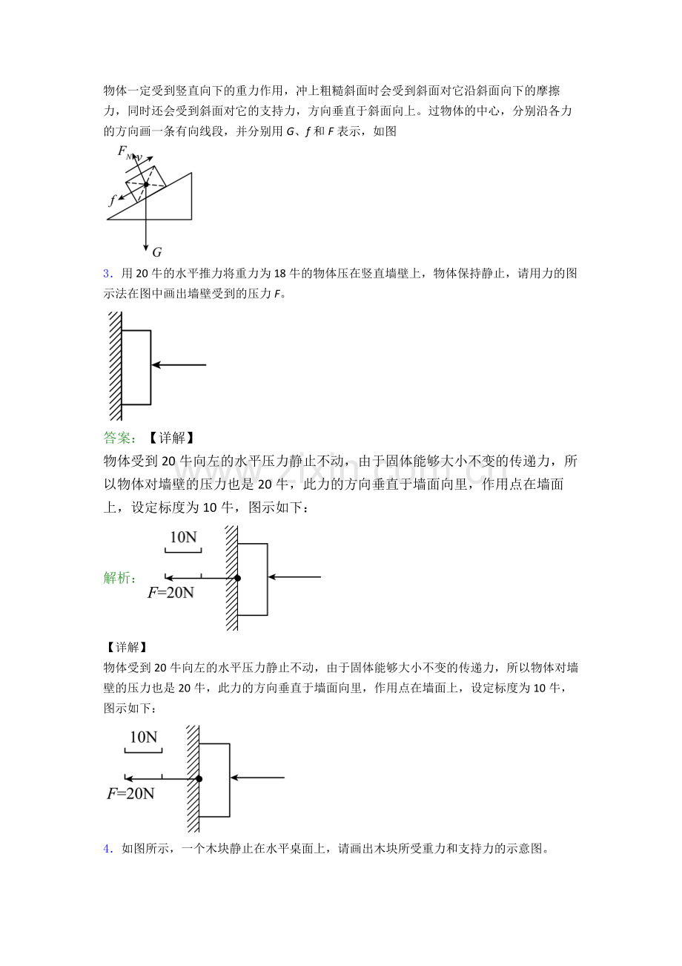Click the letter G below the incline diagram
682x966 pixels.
(x=156, y=251)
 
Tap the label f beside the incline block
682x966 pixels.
(x=113, y=200)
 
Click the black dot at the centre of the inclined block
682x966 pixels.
(x=146, y=184)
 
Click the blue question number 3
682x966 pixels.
(x=107, y=274)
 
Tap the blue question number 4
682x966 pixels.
(x=107, y=849)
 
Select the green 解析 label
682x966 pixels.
(x=119, y=577)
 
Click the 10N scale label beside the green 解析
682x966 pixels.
(x=183, y=537)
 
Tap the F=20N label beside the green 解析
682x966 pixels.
(x=170, y=592)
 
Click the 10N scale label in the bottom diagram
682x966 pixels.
(x=144, y=737)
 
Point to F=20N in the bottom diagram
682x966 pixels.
(x=130, y=793)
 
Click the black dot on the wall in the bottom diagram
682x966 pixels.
(x=199, y=778)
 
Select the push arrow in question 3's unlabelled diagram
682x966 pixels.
(x=179, y=365)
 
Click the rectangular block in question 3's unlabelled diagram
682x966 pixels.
(x=136, y=367)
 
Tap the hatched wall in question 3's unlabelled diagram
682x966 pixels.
(x=116, y=366)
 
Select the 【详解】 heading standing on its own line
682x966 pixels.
(x=127, y=648)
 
